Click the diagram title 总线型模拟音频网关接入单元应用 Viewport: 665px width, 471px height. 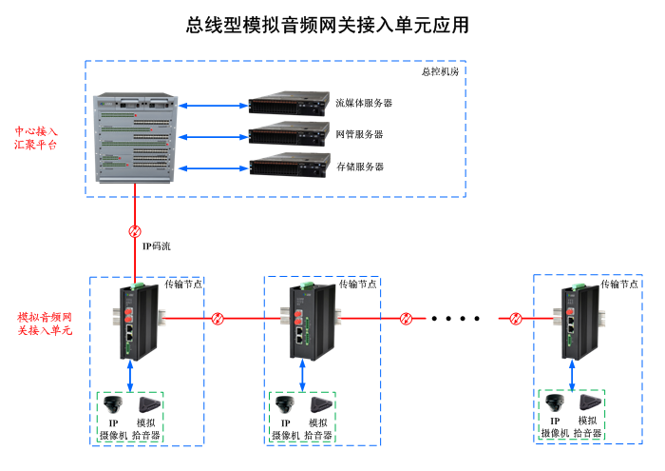click(x=328, y=26)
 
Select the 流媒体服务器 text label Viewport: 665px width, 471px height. click(x=364, y=103)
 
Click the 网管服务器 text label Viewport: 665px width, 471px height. click(x=360, y=134)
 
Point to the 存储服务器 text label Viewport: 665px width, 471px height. click(x=360, y=167)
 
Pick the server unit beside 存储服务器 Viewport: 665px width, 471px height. click(x=289, y=166)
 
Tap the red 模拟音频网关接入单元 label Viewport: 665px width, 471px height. click(x=45, y=323)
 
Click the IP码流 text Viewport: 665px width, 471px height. click(x=157, y=246)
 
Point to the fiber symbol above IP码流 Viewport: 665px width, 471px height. click(x=135, y=231)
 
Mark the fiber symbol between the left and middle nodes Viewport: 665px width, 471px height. click(x=218, y=318)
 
